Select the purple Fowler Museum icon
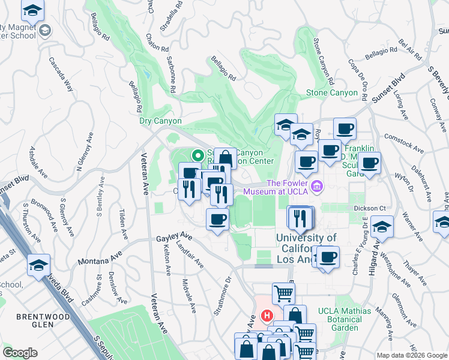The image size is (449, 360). [x=317, y=186]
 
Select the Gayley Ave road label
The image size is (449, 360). [x=173, y=238]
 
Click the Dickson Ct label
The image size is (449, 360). [x=369, y=208]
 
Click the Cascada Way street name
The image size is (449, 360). [x=61, y=74]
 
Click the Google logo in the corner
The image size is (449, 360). [x=20, y=353]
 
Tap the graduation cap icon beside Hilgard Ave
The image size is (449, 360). [x=381, y=227]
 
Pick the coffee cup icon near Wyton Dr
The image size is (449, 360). [x=370, y=162]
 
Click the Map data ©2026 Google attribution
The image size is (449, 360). [x=412, y=355]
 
